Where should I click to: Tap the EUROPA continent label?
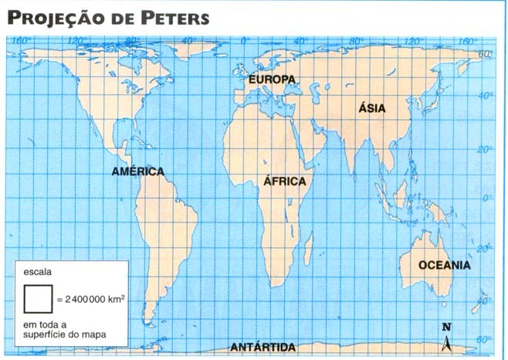pyautogui.click(x=272, y=80)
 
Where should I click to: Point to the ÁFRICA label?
pyautogui.click(x=285, y=182)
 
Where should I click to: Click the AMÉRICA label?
pyautogui.click(x=138, y=171)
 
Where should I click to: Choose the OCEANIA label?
pyautogui.click(x=444, y=265)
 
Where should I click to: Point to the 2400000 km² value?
pyautogui.click(x=90, y=297)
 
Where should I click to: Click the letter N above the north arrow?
pyautogui.click(x=445, y=327)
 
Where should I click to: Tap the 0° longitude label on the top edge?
pyautogui.click(x=245, y=41)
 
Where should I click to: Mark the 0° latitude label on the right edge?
pyautogui.click(x=486, y=199)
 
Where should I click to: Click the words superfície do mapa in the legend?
pyautogui.click(x=65, y=335)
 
